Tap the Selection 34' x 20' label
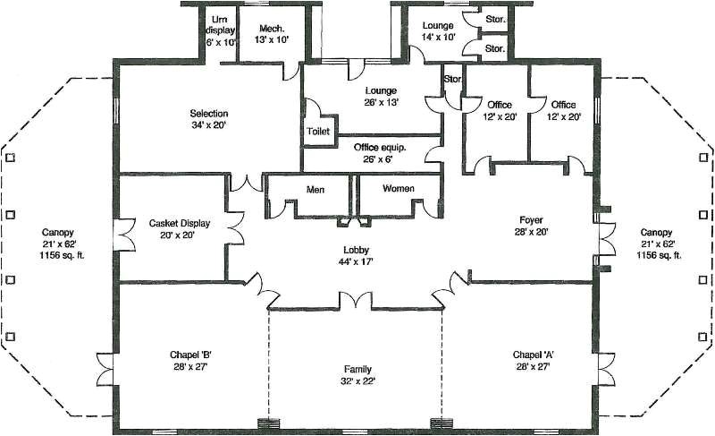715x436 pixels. [x=208, y=119]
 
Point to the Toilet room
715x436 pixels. [x=318, y=131]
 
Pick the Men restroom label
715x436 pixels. [x=315, y=190]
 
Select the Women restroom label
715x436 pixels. [x=399, y=190]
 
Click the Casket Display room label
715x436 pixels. [x=173, y=229]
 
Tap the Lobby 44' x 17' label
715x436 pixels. [x=356, y=256]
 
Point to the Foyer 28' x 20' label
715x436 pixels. [x=531, y=225]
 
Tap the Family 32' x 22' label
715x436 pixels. [x=357, y=374]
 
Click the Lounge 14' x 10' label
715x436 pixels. [x=439, y=32]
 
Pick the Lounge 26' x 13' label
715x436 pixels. [x=380, y=97]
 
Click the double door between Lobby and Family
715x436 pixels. [x=357, y=302]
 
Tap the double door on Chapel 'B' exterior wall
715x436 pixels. [x=106, y=366]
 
